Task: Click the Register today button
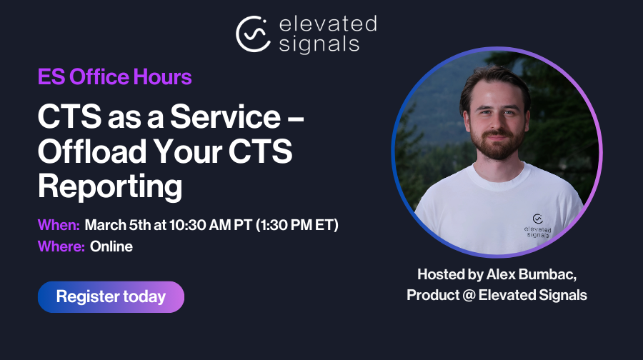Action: [x=111, y=296]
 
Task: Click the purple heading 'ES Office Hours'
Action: [x=114, y=76]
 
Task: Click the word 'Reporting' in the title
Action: [x=110, y=186]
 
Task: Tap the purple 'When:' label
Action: [x=59, y=225]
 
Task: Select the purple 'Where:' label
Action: [x=61, y=247]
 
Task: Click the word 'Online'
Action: [x=111, y=247]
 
